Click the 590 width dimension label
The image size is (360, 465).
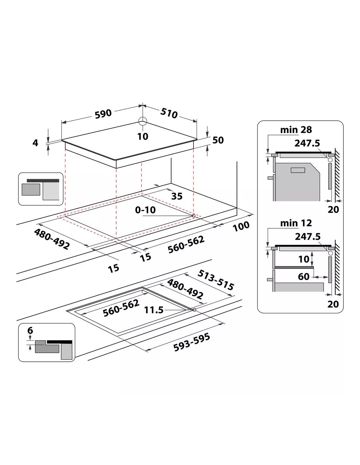click(103, 114)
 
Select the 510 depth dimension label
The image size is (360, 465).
click(169, 113)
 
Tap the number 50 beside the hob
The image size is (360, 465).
click(218, 140)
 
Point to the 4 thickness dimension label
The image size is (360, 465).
click(35, 143)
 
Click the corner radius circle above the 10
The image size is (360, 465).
click(142, 121)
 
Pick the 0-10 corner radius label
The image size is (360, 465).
click(145, 210)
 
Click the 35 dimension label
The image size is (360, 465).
click(177, 196)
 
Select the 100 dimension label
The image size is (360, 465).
click(241, 226)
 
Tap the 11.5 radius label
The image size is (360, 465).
click(154, 310)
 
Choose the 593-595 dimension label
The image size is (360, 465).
click(191, 343)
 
